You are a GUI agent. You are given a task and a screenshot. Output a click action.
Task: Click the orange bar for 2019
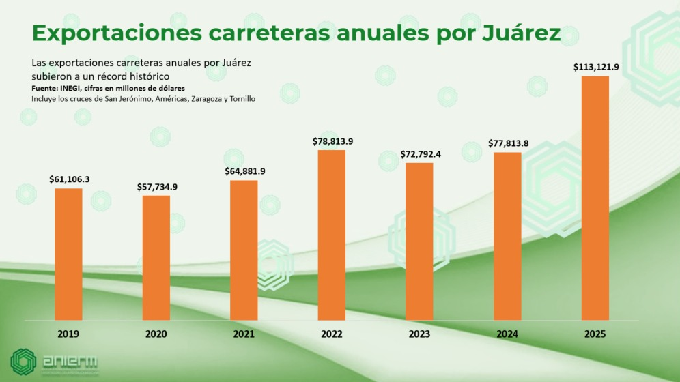click(x=68, y=254)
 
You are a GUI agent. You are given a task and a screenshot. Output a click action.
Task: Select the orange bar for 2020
click(x=156, y=257)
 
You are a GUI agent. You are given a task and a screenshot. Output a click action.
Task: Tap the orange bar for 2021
click(x=244, y=250)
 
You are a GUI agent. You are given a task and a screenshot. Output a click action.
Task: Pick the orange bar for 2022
click(x=332, y=235)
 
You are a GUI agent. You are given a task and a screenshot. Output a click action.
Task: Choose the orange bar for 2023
click(x=419, y=241)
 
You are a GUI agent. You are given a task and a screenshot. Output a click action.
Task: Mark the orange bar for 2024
click(x=507, y=236)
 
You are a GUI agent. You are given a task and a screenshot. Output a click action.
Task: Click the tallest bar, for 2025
click(x=595, y=198)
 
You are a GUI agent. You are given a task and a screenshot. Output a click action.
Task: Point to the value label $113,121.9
click(x=595, y=66)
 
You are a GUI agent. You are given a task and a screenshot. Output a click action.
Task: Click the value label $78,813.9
click(x=332, y=141)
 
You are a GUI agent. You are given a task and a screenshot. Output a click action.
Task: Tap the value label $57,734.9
click(x=156, y=186)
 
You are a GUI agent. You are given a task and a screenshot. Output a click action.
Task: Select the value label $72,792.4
click(x=420, y=153)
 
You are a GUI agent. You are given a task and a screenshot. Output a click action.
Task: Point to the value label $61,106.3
click(x=69, y=179)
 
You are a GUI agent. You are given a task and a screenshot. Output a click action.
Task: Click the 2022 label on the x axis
click(x=332, y=334)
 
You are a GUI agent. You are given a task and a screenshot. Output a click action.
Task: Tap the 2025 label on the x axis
click(x=595, y=334)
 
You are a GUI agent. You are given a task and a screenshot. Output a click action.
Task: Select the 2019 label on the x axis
click(x=68, y=334)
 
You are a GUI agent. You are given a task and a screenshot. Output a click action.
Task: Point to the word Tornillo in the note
click(x=240, y=99)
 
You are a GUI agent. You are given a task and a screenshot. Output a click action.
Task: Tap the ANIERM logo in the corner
click(x=55, y=362)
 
